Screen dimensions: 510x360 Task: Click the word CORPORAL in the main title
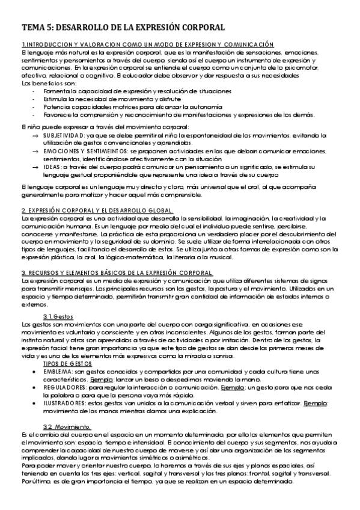coord(199,28)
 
